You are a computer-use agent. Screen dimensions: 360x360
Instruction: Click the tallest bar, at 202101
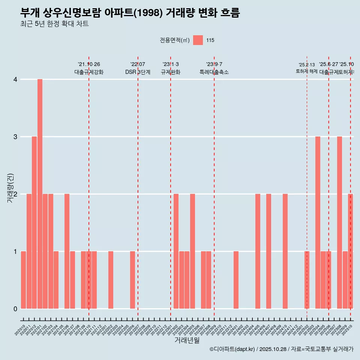[x=40, y=194]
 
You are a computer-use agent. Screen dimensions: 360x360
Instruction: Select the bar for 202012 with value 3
[x=34, y=223]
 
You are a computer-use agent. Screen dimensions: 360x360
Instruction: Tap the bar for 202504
[x=318, y=223]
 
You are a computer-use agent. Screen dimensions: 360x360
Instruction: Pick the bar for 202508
[x=339, y=223]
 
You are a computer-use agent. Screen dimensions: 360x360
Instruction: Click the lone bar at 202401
[x=236, y=280]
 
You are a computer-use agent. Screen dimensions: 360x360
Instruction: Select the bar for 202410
[x=285, y=251]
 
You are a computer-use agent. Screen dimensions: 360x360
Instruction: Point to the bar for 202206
[x=132, y=280]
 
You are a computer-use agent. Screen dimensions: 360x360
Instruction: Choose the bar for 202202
[x=111, y=280]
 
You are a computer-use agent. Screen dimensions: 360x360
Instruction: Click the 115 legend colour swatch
[x=198, y=40]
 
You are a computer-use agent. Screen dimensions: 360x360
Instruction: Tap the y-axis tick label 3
[x=15, y=137]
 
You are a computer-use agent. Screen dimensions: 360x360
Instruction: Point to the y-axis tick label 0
[x=15, y=309]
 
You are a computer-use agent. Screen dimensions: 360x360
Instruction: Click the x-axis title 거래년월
[x=187, y=340]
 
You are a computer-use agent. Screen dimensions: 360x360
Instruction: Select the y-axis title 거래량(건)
[x=10, y=187]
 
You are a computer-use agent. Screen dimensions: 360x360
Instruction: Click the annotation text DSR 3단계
[x=138, y=72]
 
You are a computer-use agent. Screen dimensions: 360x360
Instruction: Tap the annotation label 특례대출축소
[x=214, y=72]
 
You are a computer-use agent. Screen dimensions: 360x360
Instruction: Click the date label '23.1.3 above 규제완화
[x=171, y=64]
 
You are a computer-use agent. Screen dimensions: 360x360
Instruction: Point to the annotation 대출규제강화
[x=89, y=72]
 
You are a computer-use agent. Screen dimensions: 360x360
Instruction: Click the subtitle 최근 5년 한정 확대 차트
[x=54, y=24]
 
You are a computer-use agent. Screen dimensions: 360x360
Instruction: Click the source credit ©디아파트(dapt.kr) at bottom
[x=232, y=349]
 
